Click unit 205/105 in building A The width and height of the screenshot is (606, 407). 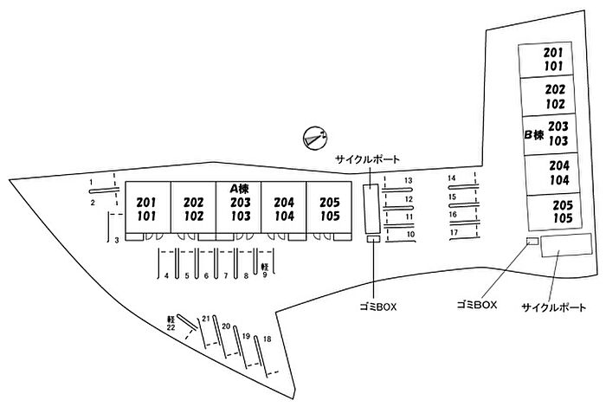(329, 209)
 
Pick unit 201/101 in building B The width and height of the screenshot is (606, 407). (554, 58)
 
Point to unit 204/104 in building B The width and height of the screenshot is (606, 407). (558, 174)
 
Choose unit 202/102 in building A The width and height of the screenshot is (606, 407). (194, 209)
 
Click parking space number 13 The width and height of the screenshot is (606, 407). (409, 181)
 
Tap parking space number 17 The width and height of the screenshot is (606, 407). (453, 233)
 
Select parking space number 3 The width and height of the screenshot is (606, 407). (116, 240)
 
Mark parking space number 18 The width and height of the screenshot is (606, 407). (268, 338)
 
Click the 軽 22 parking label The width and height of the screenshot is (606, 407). (171, 323)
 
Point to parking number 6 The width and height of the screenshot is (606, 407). (206, 275)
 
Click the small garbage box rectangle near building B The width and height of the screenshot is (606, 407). (532, 241)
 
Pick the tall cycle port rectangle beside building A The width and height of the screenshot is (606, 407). (369, 209)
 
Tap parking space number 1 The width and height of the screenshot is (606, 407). (91, 182)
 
